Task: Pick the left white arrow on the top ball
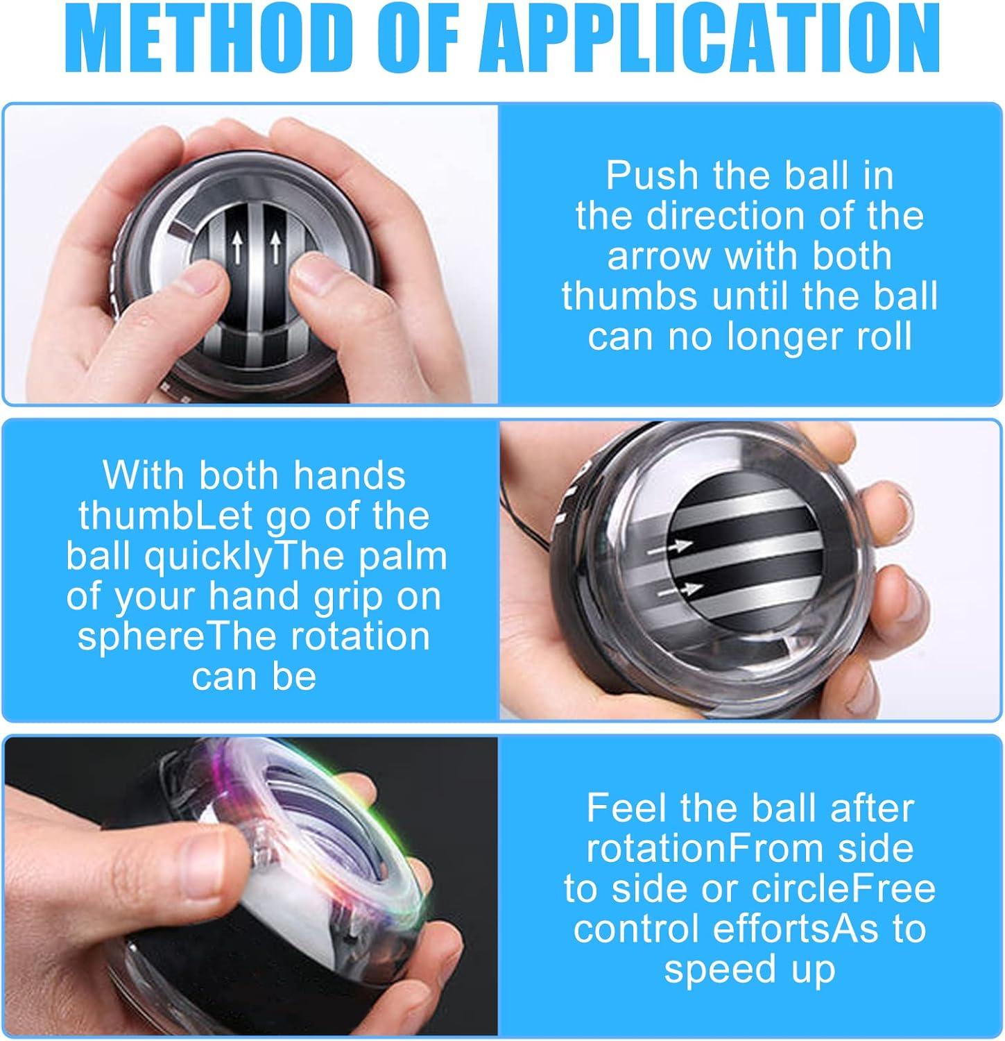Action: [x=237, y=247]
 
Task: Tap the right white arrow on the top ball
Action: [x=276, y=247]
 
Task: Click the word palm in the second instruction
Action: [x=408, y=556]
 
